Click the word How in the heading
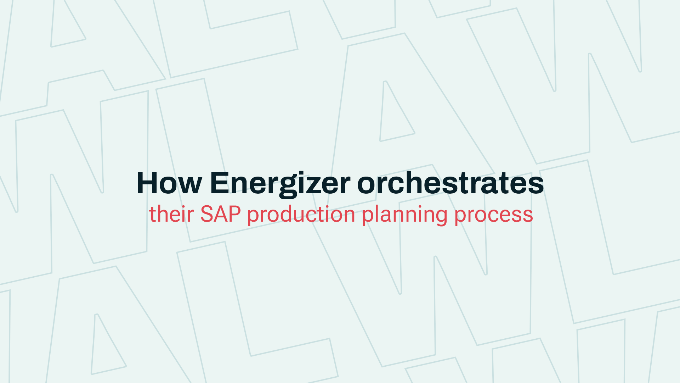point(169,183)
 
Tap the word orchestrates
point(450,183)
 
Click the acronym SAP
point(221,214)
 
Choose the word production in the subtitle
point(301,215)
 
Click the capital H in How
point(147,183)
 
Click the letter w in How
point(190,186)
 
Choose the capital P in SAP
point(235,214)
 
